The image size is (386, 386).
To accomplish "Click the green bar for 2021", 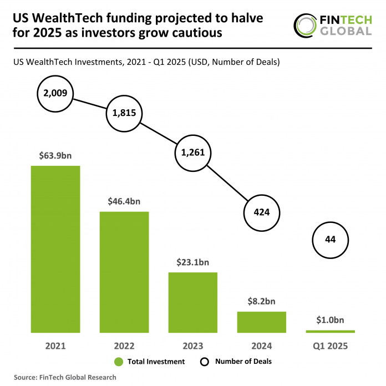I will click(55, 249).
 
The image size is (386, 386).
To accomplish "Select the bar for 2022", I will click(124, 272).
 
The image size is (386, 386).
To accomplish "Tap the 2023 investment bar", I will click(193, 302).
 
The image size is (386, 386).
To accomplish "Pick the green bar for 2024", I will click(262, 322).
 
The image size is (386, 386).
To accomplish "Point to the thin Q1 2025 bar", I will click(331, 331).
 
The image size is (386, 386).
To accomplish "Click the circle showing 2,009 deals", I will click(54, 93).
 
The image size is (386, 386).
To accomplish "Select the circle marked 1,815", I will click(124, 113).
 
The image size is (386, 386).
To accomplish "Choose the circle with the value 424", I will click(262, 212).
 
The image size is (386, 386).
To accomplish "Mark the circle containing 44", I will click(331, 240).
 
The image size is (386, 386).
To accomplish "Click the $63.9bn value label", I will click(55, 155).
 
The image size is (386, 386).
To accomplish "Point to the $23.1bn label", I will click(193, 262).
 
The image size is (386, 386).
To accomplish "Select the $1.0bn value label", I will click(331, 320).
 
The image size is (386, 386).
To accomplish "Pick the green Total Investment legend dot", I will click(118, 362).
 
